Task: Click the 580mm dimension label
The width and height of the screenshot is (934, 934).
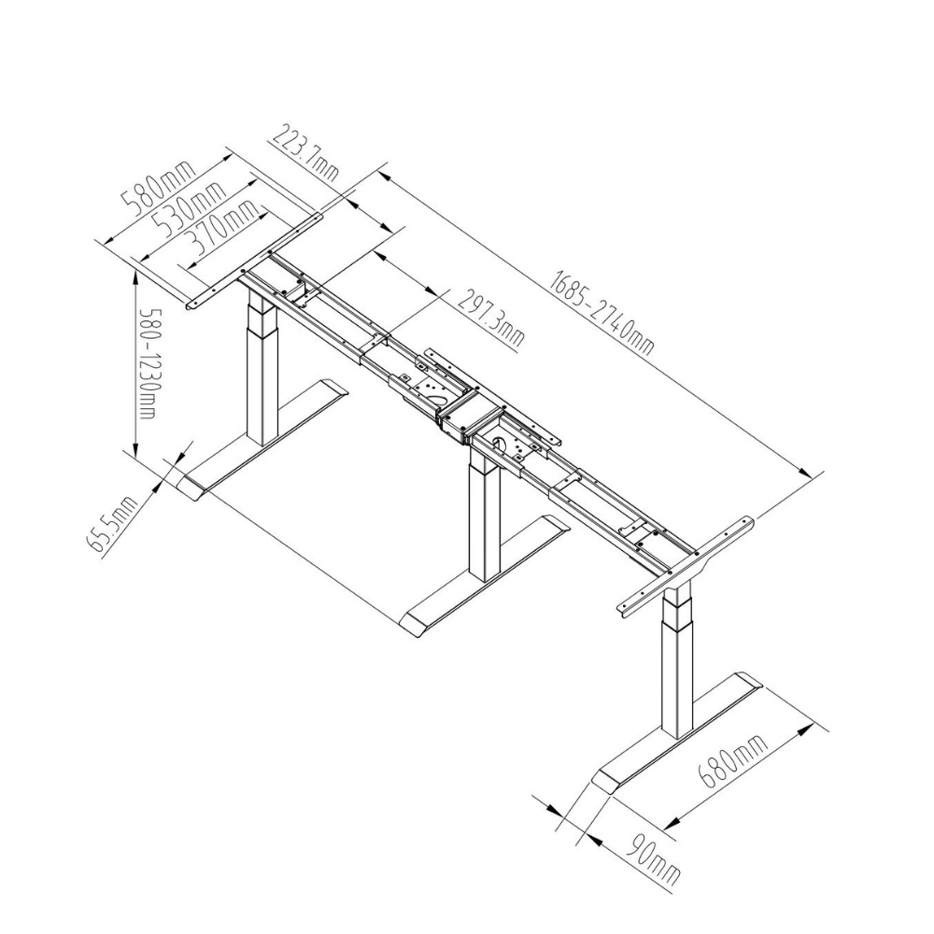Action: click(159, 187)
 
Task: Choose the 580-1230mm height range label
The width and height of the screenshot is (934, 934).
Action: click(148, 363)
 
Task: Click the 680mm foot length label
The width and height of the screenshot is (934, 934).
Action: click(733, 762)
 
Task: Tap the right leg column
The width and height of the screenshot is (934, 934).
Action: click(678, 662)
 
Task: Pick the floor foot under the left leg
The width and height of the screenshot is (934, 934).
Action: click(262, 440)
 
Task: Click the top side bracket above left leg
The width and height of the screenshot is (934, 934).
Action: click(254, 262)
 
